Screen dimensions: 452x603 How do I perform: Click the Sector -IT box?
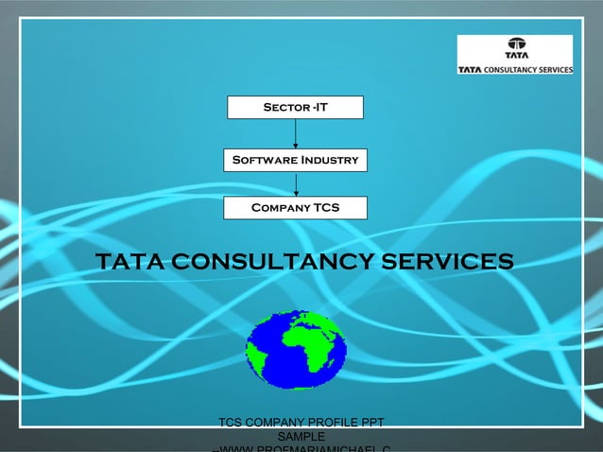point(295,107)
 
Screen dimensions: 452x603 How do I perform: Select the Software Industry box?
point(295,161)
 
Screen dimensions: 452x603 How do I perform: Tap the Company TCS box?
point(295,207)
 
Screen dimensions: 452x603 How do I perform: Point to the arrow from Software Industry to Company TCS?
point(296,184)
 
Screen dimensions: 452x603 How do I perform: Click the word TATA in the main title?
point(129,260)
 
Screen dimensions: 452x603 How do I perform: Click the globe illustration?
point(296,349)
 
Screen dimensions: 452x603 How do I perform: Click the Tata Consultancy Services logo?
point(515,55)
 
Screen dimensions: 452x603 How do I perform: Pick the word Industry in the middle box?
point(329,161)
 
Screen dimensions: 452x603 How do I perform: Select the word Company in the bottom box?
point(281,207)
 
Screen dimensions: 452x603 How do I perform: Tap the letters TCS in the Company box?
point(327,207)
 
